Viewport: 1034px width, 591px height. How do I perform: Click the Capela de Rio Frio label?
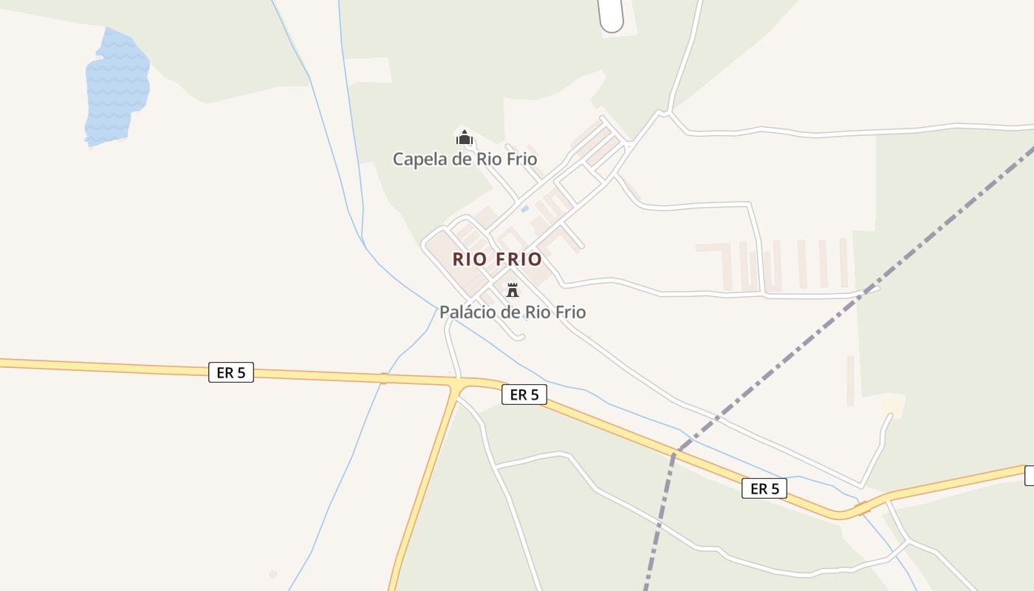pyautogui.click(x=465, y=159)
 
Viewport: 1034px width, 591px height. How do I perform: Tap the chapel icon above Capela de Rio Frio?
pyautogui.click(x=464, y=137)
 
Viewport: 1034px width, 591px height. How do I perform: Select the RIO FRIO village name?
pyautogui.click(x=497, y=259)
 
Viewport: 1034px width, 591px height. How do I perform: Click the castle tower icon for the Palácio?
pyautogui.click(x=513, y=289)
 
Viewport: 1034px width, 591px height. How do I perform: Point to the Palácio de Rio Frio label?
pyautogui.click(x=513, y=312)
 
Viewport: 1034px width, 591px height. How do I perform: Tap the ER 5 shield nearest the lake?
pyautogui.click(x=231, y=372)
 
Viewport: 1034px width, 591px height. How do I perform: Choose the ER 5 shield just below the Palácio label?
pyautogui.click(x=524, y=394)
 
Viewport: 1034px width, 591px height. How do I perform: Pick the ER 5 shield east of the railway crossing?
pyautogui.click(x=764, y=488)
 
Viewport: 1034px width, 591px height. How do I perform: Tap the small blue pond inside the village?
pyautogui.click(x=524, y=209)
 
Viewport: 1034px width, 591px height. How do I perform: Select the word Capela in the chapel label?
pyautogui.click(x=419, y=159)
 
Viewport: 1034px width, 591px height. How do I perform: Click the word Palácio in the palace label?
pyautogui.click(x=468, y=312)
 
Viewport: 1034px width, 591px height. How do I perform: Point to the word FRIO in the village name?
pyautogui.click(x=519, y=259)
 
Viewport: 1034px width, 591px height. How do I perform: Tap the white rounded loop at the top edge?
pyautogui.click(x=612, y=15)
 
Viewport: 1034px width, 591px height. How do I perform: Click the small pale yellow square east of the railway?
pyautogui.click(x=893, y=404)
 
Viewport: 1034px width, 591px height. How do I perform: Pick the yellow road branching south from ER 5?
pyautogui.click(x=425, y=488)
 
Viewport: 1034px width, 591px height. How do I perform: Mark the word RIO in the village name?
pyautogui.click(x=470, y=259)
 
